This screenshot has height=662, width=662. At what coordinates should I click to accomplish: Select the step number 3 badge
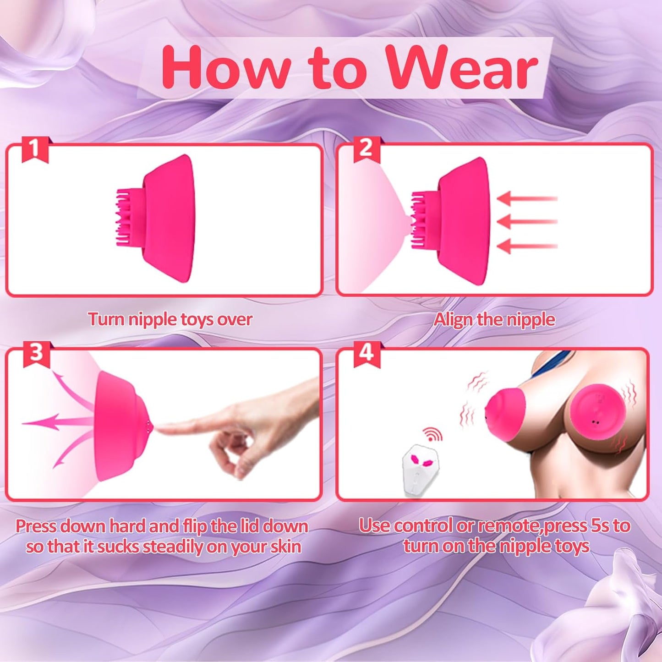[x=36, y=354]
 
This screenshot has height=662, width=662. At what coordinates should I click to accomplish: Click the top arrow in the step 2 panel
[x=527, y=198]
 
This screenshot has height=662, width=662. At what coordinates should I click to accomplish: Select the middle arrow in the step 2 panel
[x=527, y=222]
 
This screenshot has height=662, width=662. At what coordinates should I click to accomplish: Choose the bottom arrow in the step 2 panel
[x=527, y=246]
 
